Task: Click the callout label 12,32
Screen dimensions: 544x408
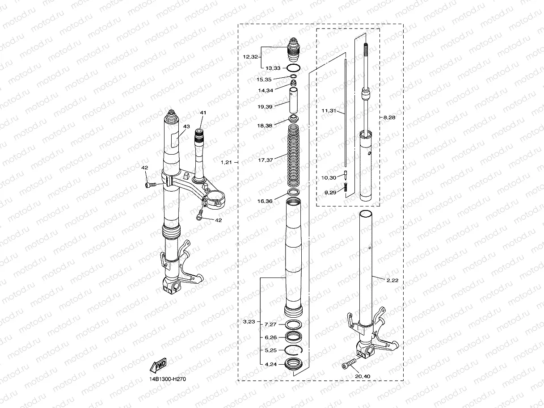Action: tap(251, 57)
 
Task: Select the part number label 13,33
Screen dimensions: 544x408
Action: tap(273, 68)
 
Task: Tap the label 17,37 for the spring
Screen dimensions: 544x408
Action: tap(266, 160)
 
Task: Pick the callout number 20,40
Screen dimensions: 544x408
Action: tap(363, 376)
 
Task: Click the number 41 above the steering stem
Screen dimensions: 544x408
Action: tap(203, 112)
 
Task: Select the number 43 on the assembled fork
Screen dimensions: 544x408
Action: tap(187, 127)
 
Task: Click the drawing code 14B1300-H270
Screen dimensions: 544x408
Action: tap(168, 379)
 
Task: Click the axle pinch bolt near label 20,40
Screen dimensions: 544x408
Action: tap(350, 363)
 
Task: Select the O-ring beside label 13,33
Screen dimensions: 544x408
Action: tap(293, 68)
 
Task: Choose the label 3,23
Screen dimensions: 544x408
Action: tap(249, 321)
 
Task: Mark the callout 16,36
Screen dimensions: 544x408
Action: tap(266, 201)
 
